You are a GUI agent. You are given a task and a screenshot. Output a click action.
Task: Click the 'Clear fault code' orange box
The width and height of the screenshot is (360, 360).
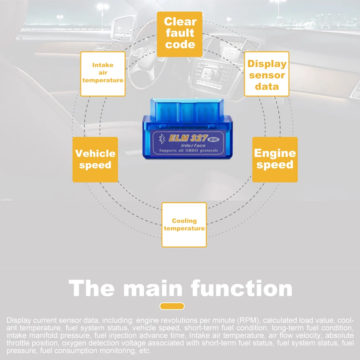pos(180,34)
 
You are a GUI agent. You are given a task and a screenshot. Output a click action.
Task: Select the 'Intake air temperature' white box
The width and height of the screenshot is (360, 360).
pos(103,74)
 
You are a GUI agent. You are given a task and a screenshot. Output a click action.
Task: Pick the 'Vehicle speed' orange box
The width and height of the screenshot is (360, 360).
pos(95,159)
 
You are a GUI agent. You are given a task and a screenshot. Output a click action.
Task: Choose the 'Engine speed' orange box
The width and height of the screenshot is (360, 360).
pos(275,159)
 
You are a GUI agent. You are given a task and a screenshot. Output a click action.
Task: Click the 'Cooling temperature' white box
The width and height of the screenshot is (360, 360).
pos(184,225)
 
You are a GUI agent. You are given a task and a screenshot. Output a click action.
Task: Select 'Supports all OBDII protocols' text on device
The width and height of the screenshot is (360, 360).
pos(188,150)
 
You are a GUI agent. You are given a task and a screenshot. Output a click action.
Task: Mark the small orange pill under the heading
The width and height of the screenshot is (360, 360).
pos(172,306)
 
